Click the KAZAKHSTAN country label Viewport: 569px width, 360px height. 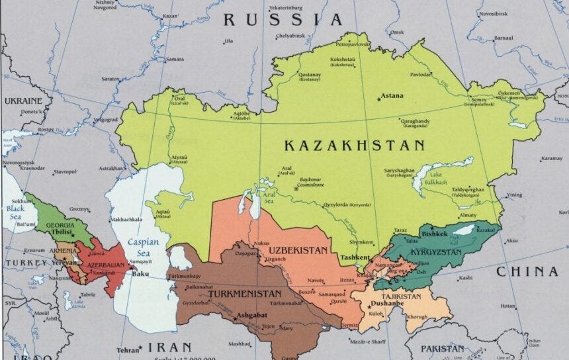point(354,146)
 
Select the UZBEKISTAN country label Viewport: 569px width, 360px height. point(298,251)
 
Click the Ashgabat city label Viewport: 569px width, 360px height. point(251,316)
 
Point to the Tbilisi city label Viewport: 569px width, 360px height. point(63,232)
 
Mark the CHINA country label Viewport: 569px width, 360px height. point(527,271)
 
